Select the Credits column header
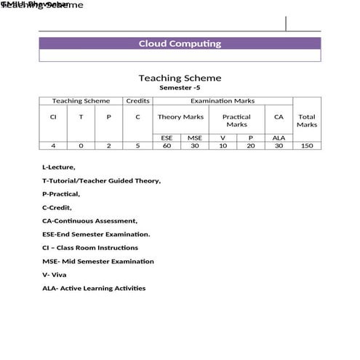click(x=137, y=101)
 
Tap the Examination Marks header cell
click(x=223, y=101)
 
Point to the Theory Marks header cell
click(x=180, y=116)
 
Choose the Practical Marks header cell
click(x=236, y=120)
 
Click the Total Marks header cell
click(x=307, y=120)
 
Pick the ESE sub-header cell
click(x=167, y=137)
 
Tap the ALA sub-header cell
click(x=279, y=137)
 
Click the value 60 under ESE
click(x=167, y=145)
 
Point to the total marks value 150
click(x=307, y=145)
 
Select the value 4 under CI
click(x=53, y=145)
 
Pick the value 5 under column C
click(x=137, y=145)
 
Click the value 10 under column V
click(x=223, y=145)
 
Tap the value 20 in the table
click(x=251, y=145)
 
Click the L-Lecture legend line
click(x=59, y=167)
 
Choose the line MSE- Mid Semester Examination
click(x=98, y=261)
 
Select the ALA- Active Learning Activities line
click(x=94, y=288)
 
